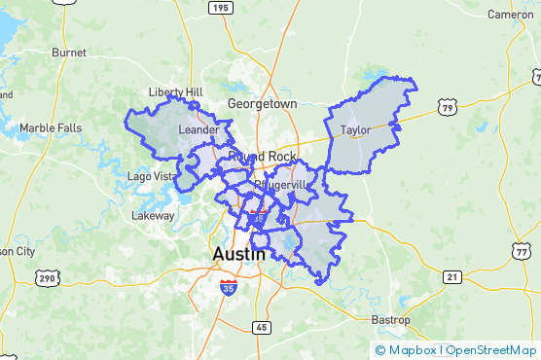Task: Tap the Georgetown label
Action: point(262,103)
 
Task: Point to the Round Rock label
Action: point(262,156)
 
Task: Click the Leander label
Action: point(198,128)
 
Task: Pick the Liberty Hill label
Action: point(175,92)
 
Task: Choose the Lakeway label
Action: point(153,215)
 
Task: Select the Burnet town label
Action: point(69,52)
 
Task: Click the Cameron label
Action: point(511,15)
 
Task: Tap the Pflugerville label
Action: point(279,184)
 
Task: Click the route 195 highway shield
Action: point(221,8)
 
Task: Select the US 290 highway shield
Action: point(46,278)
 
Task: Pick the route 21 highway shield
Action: point(451,277)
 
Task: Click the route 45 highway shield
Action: point(262,327)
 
